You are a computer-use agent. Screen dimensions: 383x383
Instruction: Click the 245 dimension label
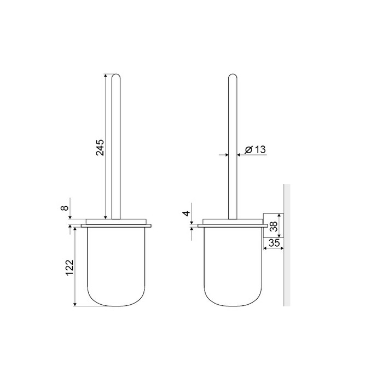(x=100, y=148)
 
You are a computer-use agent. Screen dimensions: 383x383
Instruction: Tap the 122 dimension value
(x=70, y=268)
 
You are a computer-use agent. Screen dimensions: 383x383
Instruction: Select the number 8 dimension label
(x=64, y=208)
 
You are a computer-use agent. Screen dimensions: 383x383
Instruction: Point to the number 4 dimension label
(x=187, y=213)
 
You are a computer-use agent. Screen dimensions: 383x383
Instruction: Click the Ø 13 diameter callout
(x=256, y=149)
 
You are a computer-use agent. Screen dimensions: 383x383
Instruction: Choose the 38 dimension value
(x=274, y=227)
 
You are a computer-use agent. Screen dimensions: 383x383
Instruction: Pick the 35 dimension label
(x=274, y=243)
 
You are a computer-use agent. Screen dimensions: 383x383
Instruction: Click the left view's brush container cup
(x=116, y=267)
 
